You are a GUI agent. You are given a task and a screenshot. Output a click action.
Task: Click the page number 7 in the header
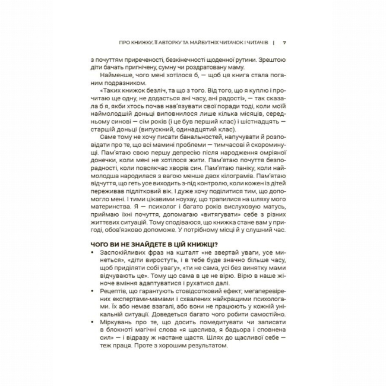284,42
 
